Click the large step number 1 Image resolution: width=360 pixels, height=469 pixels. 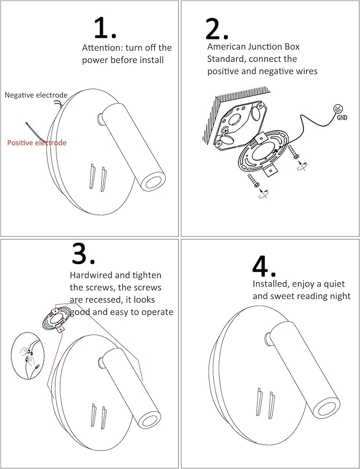coord(105,28)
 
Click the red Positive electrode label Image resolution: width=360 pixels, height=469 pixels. coord(37,142)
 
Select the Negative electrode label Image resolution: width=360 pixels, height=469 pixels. coord(36,95)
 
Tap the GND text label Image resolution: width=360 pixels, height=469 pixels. coord(342,117)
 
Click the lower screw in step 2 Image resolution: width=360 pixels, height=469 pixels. coord(254,181)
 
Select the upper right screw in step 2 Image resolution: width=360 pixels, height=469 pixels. coord(293,152)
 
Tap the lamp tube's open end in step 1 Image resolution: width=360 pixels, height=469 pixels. coord(153,182)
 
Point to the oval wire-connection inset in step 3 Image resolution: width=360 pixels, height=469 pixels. coord(27,356)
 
